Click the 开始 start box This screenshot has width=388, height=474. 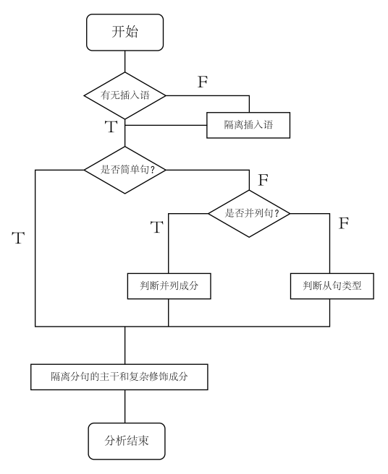point(125,32)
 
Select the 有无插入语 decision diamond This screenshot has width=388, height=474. point(125,95)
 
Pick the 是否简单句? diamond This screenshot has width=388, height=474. point(125,170)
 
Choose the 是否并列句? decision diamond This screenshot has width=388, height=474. point(248,213)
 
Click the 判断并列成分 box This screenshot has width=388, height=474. point(169,286)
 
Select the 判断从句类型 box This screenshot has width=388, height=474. point(331,286)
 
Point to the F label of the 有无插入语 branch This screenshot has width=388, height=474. point(203,81)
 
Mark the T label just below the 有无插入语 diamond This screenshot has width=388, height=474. point(110,127)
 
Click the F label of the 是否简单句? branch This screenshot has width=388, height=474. point(263,178)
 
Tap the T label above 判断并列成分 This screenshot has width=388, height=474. point(156,228)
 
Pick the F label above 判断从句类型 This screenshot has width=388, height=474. point(344,223)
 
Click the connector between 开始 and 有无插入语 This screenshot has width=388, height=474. point(125,61)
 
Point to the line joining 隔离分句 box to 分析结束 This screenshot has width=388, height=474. point(125,405)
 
